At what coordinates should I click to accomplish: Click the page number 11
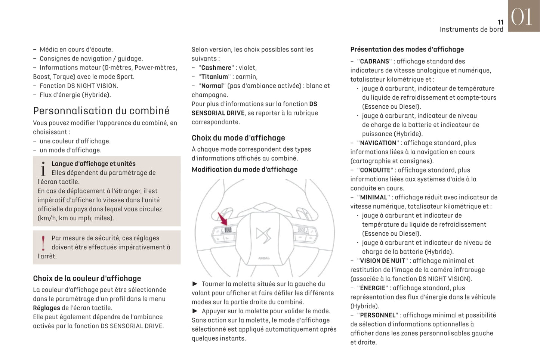point(500,22)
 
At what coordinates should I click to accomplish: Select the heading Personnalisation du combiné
point(101,111)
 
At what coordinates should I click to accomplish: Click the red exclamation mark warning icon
point(43,243)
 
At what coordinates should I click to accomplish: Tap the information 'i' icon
point(43,169)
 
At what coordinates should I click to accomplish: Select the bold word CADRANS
point(374,61)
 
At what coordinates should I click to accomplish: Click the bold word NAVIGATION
point(378,143)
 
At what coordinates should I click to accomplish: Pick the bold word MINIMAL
point(373,197)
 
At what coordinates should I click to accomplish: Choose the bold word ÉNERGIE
point(373,288)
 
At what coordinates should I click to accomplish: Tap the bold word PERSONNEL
point(377,315)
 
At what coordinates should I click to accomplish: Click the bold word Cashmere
point(216,68)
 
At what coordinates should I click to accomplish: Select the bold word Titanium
point(215,77)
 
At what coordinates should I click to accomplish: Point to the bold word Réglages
point(46,308)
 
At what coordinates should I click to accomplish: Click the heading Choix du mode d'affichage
point(238,138)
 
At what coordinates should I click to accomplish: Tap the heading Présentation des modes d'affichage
point(407,49)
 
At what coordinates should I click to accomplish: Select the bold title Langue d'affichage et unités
point(93,164)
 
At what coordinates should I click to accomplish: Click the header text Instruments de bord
point(471,30)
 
